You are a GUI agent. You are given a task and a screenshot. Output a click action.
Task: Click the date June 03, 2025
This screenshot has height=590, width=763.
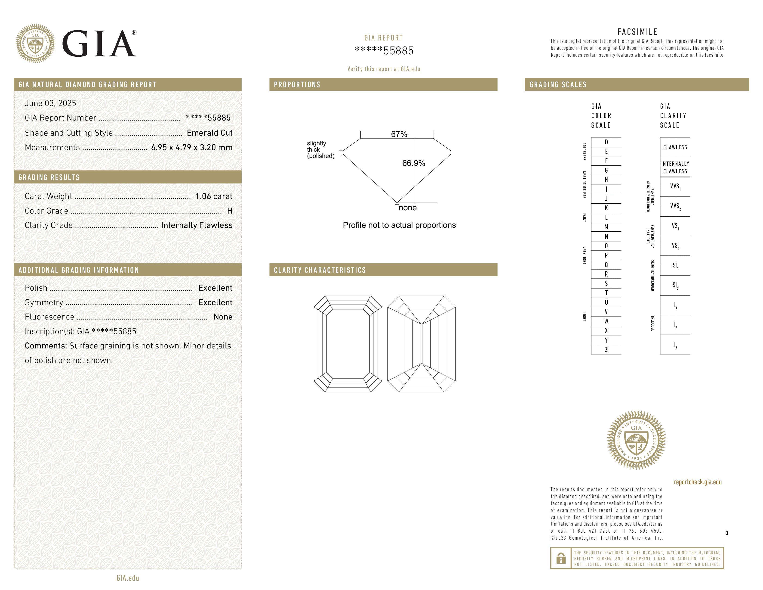pos(50,103)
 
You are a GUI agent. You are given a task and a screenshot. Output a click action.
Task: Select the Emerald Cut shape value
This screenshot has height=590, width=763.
pos(210,133)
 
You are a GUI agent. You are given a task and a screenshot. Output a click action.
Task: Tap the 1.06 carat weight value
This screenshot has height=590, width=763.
pos(214,196)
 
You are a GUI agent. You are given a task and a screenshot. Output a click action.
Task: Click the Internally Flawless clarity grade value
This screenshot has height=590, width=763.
pos(197,225)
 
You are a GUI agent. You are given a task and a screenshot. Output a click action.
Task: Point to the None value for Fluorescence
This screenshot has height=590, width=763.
pos(223,317)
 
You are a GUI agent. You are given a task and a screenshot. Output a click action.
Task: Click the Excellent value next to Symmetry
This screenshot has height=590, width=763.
pos(215,302)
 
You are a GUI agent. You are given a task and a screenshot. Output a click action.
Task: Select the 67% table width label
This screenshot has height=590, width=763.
pos(399,134)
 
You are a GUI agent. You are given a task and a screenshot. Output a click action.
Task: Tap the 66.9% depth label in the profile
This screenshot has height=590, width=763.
pos(413,163)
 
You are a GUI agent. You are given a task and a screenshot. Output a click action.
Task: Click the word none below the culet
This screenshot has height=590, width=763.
pos(408,208)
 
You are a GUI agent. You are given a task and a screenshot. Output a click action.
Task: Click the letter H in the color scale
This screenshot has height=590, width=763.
pos(606,180)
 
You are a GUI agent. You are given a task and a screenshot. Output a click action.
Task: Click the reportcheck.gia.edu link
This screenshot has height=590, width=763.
pos(698,482)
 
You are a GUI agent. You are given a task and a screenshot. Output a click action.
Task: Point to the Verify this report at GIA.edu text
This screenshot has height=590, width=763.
pos(384,69)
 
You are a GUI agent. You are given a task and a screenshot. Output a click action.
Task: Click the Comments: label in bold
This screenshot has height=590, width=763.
pos(46,346)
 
